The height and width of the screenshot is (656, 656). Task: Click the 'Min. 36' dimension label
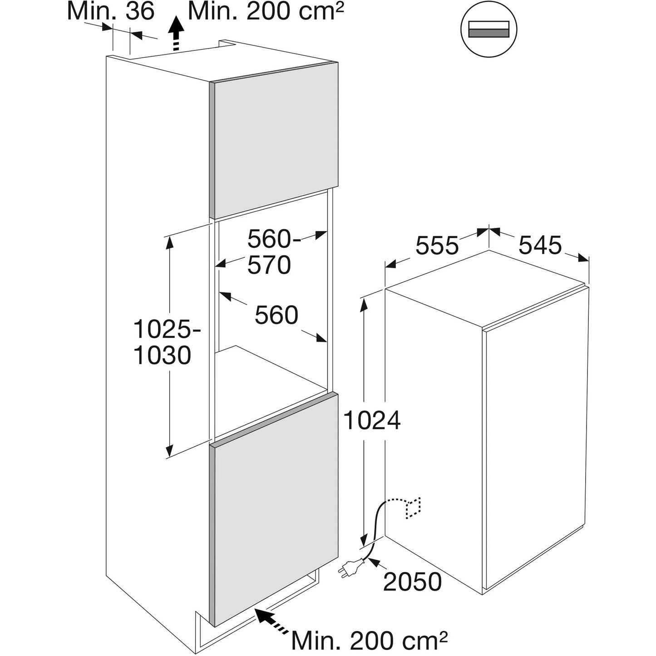coord(111,11)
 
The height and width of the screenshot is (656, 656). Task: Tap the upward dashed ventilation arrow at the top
coord(176,34)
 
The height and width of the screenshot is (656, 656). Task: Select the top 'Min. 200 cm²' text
coord(266,11)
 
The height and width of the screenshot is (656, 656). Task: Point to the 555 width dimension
coord(437,245)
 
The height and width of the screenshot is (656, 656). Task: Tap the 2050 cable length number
coord(412,582)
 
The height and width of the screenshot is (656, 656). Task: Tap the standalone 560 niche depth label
coord(276,315)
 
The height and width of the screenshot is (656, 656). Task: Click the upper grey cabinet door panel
coord(274,140)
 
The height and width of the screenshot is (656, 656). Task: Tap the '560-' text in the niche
coord(274,239)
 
